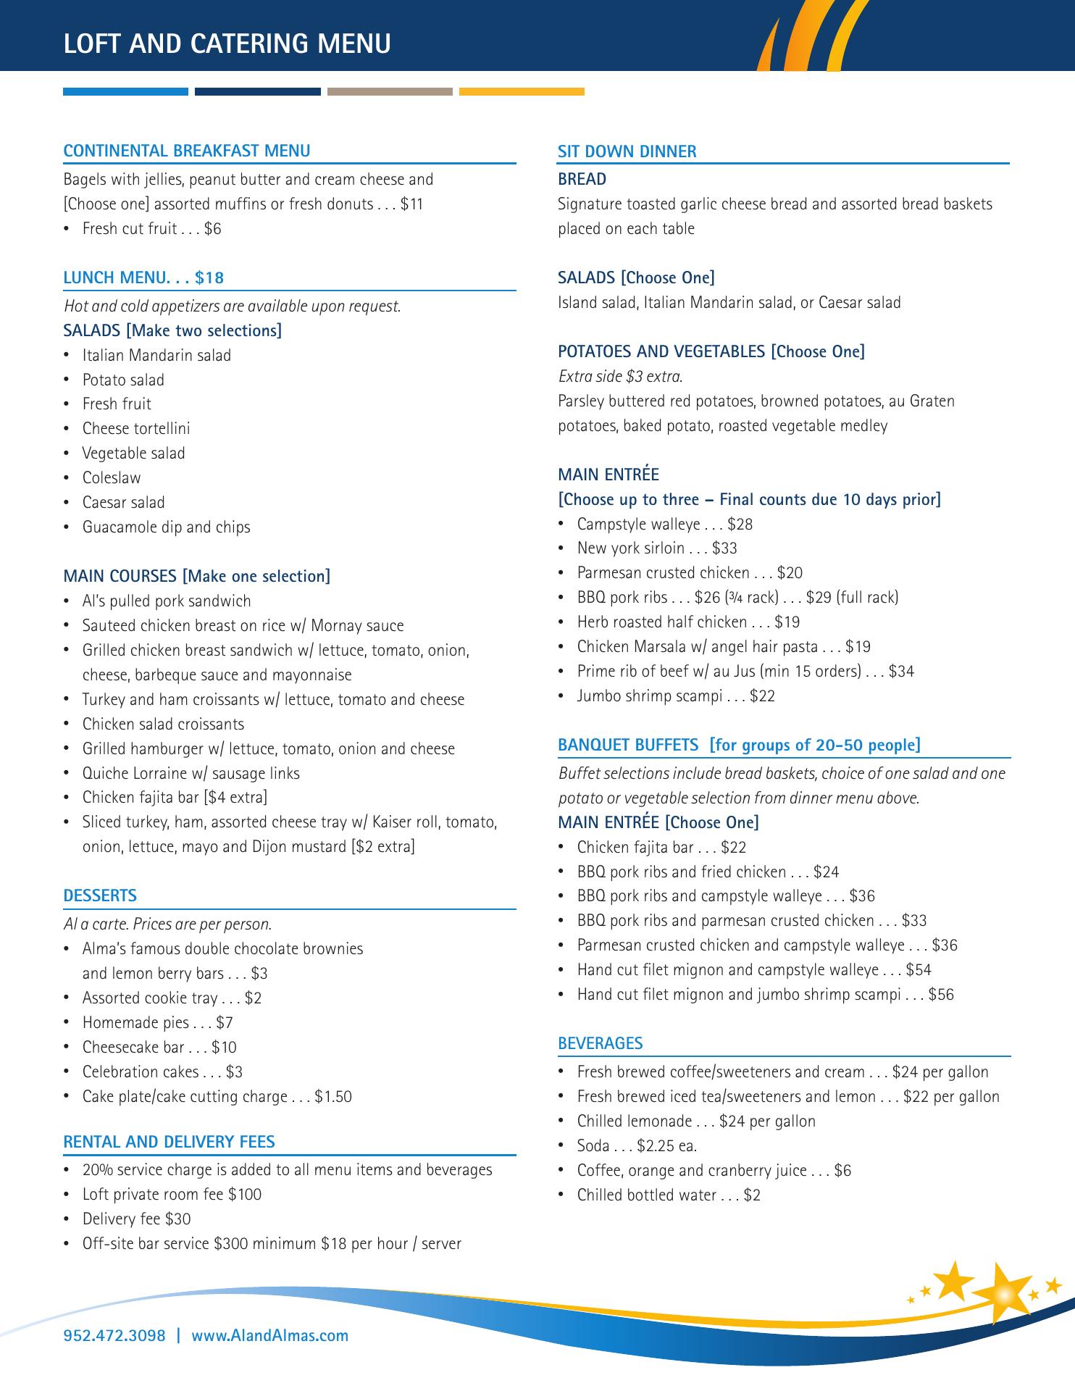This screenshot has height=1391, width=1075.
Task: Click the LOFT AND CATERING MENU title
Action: pyautogui.click(x=227, y=44)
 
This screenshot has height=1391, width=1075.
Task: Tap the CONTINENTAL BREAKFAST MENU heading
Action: pyautogui.click(x=187, y=151)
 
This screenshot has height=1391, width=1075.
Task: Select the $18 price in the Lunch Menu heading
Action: pyautogui.click(x=209, y=277)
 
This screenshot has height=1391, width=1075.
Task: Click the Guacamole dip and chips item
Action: pyautogui.click(x=166, y=527)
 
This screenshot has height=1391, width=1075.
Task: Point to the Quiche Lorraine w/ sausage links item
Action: pyautogui.click(x=191, y=774)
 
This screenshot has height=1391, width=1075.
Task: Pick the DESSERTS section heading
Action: pyautogui.click(x=100, y=895)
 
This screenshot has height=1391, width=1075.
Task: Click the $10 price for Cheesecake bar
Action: pyautogui.click(x=225, y=1048)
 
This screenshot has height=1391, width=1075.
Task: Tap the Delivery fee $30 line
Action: pyautogui.click(x=136, y=1219)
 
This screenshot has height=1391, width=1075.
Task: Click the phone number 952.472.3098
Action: pyautogui.click(x=114, y=1335)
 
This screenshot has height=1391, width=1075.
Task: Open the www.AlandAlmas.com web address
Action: pyautogui.click(x=269, y=1335)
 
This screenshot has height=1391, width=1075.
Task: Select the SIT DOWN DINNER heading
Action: pyautogui.click(x=627, y=151)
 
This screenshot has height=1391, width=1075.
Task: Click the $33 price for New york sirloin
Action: pyautogui.click(x=724, y=548)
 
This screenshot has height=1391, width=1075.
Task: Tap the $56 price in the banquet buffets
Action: pyautogui.click(x=941, y=995)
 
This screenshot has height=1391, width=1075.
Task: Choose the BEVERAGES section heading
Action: pyautogui.click(x=600, y=1043)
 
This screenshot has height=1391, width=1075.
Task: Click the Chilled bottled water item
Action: pyautogui.click(x=668, y=1195)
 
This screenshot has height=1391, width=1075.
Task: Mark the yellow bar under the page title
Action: pyautogui.click(x=522, y=92)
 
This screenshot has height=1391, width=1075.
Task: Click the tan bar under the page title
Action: pyautogui.click(x=390, y=92)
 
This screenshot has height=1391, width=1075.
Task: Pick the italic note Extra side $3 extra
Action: pyautogui.click(x=621, y=377)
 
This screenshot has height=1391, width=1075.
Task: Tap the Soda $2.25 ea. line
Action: pyautogui.click(x=637, y=1146)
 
